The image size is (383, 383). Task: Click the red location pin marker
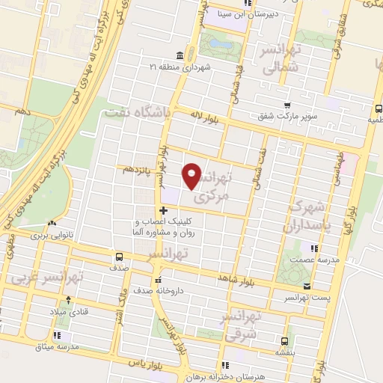point(193,175)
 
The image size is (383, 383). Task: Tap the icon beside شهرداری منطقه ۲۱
point(179,56)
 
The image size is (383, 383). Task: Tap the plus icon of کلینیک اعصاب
point(164,210)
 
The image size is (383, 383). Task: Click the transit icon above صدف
point(119,256)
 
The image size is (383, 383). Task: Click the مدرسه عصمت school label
point(323,259)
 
